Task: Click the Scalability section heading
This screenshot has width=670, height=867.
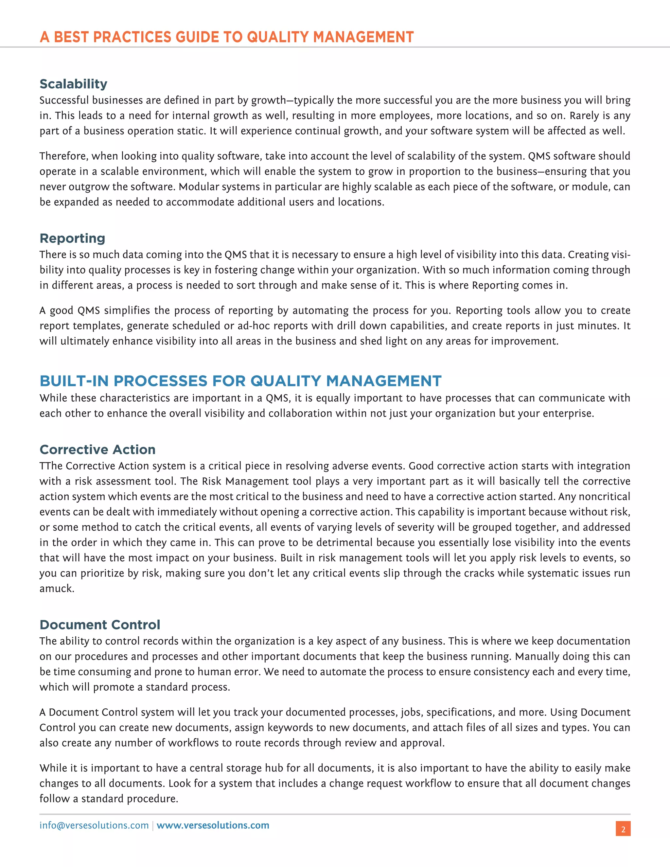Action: (x=73, y=84)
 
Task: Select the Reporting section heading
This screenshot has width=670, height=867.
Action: (x=72, y=238)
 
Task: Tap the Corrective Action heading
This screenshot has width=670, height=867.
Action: (x=97, y=450)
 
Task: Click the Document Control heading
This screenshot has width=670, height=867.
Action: (x=100, y=625)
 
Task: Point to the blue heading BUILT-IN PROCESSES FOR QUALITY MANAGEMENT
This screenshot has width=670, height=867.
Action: (x=240, y=381)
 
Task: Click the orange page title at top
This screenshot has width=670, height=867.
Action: (x=226, y=37)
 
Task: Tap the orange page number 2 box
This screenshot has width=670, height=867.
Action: (x=623, y=829)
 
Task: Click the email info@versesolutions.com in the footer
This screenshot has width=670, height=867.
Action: (x=94, y=825)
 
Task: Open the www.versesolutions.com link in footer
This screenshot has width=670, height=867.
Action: (x=213, y=825)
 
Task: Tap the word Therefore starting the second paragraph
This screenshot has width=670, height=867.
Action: (x=63, y=156)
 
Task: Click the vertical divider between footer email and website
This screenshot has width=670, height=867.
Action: (x=153, y=826)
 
